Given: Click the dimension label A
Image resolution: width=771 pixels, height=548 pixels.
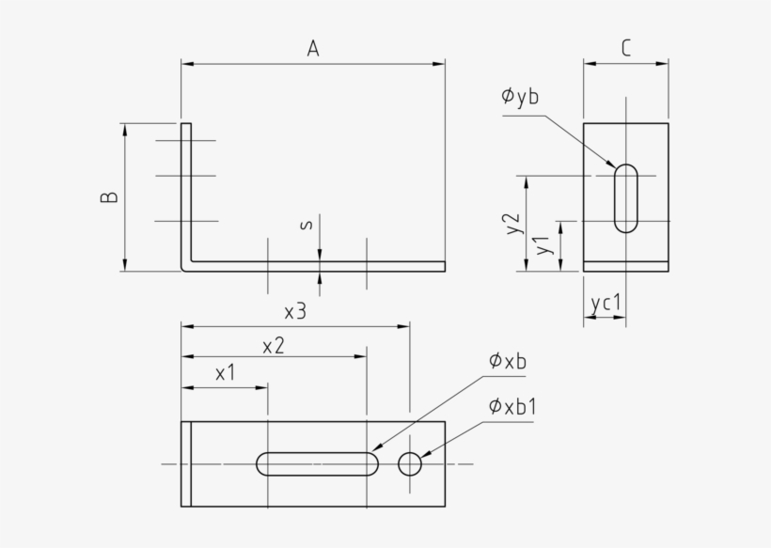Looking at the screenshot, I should [x=313, y=49].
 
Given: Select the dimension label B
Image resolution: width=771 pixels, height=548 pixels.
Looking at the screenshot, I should [x=110, y=196].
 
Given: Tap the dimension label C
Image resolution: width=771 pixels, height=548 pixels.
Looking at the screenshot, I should [x=625, y=49].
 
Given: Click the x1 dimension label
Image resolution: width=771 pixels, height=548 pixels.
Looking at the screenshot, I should [x=226, y=373].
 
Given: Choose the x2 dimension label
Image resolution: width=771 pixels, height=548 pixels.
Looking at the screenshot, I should [x=274, y=345].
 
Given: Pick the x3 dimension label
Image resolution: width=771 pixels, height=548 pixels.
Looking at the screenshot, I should [x=295, y=311].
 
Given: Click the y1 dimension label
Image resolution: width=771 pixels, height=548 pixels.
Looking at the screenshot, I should [x=543, y=246].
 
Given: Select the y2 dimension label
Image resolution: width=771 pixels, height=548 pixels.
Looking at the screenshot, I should [x=512, y=223].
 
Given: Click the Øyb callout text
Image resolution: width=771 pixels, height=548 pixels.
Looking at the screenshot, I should [x=520, y=96].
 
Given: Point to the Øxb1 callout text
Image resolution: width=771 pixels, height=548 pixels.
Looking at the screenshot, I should [x=512, y=407].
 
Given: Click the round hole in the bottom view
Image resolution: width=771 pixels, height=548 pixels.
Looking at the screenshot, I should [x=410, y=463].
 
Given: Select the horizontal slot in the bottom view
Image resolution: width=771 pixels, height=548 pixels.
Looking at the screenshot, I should [x=317, y=463].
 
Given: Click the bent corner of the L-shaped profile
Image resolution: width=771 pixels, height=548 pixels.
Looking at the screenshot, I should [x=187, y=266].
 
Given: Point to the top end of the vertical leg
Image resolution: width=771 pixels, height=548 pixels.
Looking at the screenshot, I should [x=186, y=124].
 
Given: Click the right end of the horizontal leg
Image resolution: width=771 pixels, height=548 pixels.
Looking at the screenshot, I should [x=443, y=266].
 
